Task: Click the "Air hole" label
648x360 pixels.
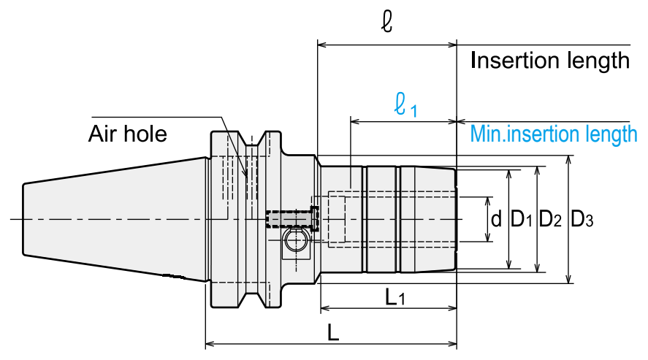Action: (x=128, y=134)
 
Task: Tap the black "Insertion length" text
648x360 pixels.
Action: (x=550, y=61)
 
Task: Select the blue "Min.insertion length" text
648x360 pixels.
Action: (x=554, y=134)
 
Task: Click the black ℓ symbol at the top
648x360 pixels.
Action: (x=386, y=21)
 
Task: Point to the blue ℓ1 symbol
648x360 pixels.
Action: (x=405, y=105)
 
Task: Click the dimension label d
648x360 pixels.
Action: (x=496, y=218)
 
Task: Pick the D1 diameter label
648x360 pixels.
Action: (x=522, y=219)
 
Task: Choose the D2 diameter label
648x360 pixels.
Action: (x=550, y=219)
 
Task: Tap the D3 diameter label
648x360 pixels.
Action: (x=582, y=219)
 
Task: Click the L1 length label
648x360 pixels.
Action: (x=395, y=296)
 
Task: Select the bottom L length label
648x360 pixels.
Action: (x=333, y=332)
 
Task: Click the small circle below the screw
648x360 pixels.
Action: (x=295, y=240)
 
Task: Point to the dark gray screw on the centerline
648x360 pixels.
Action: (x=293, y=219)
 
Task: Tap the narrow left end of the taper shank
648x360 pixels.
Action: (x=23, y=219)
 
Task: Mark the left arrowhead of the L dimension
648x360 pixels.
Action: (x=209, y=343)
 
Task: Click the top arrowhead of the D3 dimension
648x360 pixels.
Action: (x=568, y=159)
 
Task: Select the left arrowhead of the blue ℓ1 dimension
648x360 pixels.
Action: (x=354, y=121)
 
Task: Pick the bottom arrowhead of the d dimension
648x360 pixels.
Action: (x=488, y=237)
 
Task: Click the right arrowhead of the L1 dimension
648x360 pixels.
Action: (x=453, y=307)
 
